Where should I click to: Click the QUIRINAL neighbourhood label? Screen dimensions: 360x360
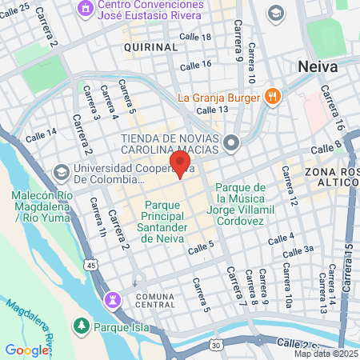click(150, 48)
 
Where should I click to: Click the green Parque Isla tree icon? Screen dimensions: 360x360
click(81, 326)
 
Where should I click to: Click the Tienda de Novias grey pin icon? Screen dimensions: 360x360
click(232, 143)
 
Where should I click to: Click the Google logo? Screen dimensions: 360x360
click(26, 350)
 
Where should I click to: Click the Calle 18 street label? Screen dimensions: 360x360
click(195, 38)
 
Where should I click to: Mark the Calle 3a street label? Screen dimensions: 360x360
click(297, 250)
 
